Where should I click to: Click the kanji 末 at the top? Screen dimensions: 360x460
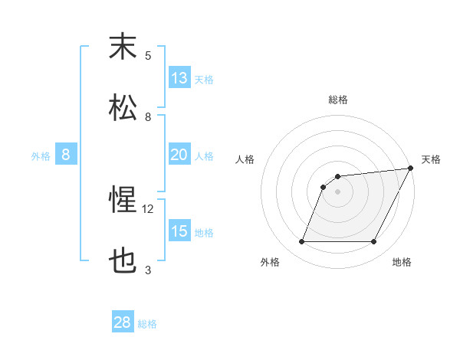point(123,47)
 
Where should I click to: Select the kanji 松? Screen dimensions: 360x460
point(123,108)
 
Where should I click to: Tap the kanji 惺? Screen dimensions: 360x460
point(123,201)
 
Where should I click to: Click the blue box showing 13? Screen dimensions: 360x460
point(179,78)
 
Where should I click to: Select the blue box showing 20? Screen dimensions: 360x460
point(179,155)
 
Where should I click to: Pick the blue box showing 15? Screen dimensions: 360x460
point(179,231)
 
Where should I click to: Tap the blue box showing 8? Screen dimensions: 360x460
point(66,155)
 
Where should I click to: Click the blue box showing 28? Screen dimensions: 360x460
point(123,322)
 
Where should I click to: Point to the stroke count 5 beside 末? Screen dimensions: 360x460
point(148,55)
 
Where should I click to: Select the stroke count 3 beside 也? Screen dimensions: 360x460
point(148,270)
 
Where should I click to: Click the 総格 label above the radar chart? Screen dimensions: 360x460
point(337,100)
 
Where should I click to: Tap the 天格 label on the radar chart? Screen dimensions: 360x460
point(432,159)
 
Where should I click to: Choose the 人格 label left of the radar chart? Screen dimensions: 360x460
point(245,159)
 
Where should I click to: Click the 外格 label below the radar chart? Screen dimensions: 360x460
point(269,262)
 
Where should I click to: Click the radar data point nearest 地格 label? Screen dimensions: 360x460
point(373,242)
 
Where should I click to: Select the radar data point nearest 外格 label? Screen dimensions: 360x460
point(301,242)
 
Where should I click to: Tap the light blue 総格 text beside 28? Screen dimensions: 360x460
point(147,324)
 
